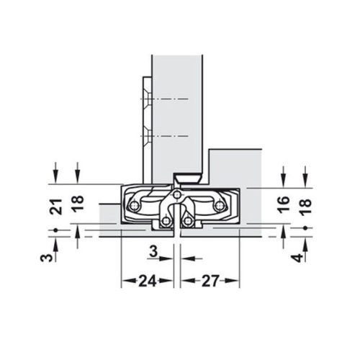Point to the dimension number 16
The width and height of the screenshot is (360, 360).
(284, 205)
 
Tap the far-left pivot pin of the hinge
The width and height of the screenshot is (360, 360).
(132, 207)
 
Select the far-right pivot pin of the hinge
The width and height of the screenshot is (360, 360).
(220, 207)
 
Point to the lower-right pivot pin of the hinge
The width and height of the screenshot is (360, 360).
(187, 220)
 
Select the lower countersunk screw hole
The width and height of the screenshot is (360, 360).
(147, 135)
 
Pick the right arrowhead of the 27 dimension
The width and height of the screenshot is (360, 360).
(235, 281)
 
